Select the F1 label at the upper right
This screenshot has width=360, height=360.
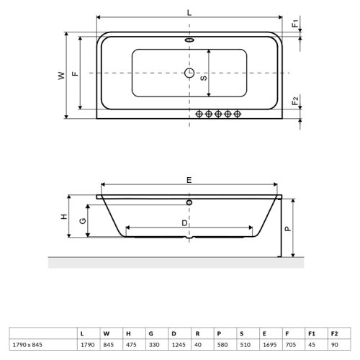click(x=296, y=24)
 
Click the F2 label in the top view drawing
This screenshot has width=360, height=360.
click(x=296, y=101)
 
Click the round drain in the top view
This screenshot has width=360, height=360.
click(x=190, y=73)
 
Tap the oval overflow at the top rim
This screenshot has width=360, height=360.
click(x=190, y=40)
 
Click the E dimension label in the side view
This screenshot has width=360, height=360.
click(x=189, y=181)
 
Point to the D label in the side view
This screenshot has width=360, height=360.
click(x=185, y=225)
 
